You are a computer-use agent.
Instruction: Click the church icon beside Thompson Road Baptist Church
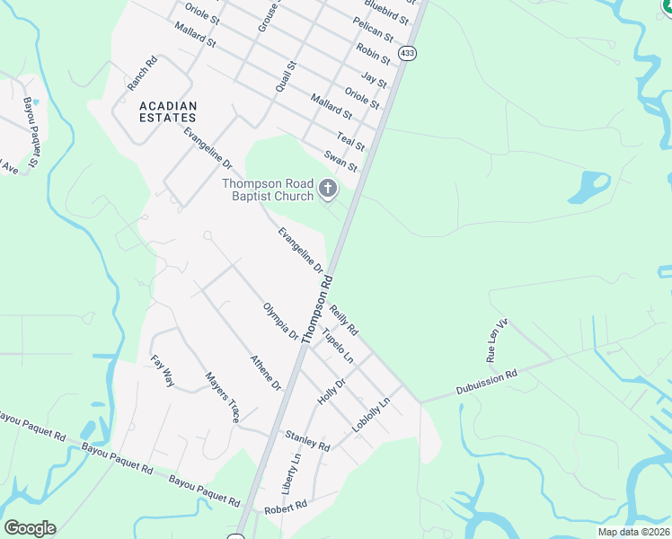[328, 190]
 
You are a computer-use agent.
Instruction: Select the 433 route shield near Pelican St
[408, 53]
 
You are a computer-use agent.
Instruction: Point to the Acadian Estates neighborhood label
[168, 111]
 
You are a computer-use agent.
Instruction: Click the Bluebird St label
[391, 13]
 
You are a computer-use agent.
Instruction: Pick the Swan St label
[341, 162]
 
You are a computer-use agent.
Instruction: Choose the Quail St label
[286, 77]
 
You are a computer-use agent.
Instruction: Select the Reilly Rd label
[343, 319]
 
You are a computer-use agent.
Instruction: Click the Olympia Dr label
[280, 321]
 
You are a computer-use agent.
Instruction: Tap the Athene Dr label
[266, 372]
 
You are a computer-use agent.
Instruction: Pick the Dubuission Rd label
[487, 382]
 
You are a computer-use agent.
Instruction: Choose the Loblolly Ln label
[372, 415]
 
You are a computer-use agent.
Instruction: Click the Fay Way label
[163, 370]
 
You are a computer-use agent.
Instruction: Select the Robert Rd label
[286, 507]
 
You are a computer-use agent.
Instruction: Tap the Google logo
[30, 528]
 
